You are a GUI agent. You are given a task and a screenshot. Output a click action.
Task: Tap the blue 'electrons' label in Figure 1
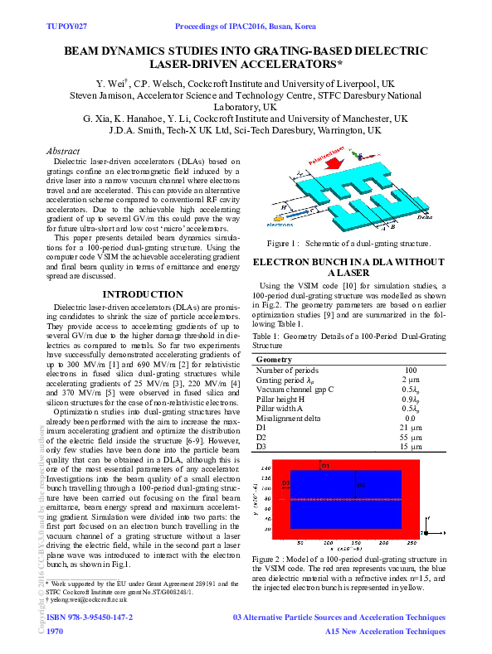tap(279, 224)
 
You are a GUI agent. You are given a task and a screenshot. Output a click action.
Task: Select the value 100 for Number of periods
tap(410, 371)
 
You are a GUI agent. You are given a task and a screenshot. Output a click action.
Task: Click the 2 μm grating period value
tap(410, 380)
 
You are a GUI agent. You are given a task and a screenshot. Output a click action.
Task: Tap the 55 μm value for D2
tap(410, 437)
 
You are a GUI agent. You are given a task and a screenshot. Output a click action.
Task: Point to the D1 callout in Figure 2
tap(325, 466)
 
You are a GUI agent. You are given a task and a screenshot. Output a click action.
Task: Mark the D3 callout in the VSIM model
tap(286, 482)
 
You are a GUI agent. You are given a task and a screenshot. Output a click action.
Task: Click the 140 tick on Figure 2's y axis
tap(268, 468)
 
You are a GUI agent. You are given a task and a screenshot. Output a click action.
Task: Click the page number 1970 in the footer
tap(56, 632)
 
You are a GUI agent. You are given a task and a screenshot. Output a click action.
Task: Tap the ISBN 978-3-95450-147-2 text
tap(90, 618)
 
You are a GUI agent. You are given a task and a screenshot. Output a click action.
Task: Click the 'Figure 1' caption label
tap(282, 244)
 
